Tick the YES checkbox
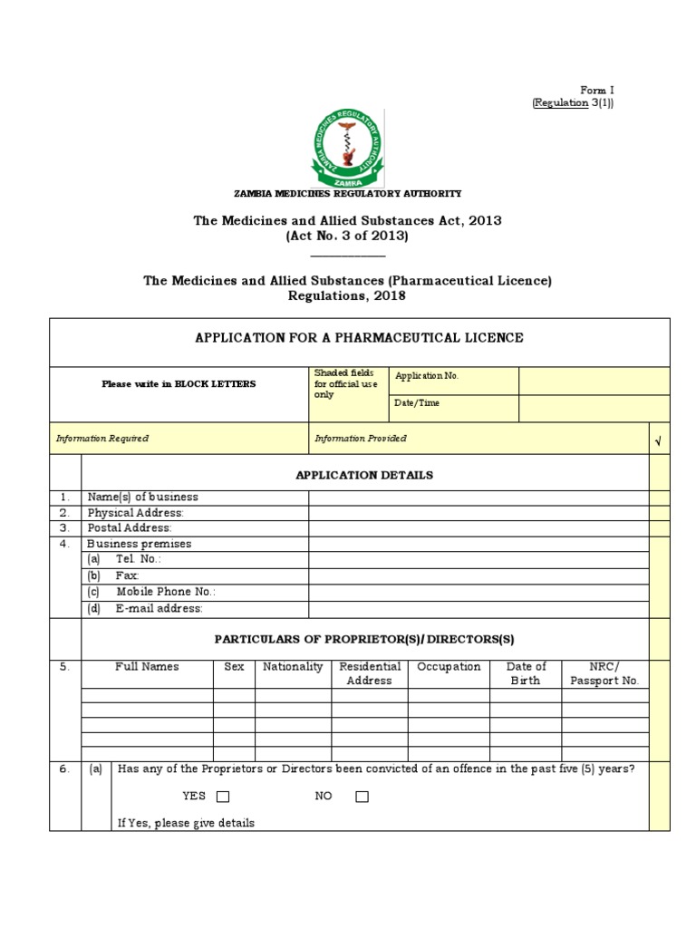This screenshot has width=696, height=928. pyautogui.click(x=224, y=797)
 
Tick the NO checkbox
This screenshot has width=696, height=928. pyautogui.click(x=362, y=797)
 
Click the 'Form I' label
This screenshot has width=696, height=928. pyautogui.click(x=597, y=91)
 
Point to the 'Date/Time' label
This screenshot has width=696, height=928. pyautogui.click(x=417, y=403)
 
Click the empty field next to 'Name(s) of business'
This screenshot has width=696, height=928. pyautogui.click(x=478, y=498)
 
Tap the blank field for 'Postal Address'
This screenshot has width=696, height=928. pyautogui.click(x=478, y=528)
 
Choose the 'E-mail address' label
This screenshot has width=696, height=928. pyautogui.click(x=159, y=609)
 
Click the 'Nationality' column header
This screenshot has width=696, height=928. pyautogui.click(x=293, y=667)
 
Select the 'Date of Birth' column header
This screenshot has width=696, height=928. pyautogui.click(x=527, y=673)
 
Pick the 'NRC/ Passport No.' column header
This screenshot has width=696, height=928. pyautogui.click(x=604, y=673)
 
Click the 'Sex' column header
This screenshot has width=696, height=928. pyautogui.click(x=234, y=667)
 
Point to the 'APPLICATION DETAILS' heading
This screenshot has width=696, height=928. pyautogui.click(x=364, y=475)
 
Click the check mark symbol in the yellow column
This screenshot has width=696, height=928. pyautogui.click(x=659, y=440)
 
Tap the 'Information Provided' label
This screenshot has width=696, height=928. pyautogui.click(x=361, y=439)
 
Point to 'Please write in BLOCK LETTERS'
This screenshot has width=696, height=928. pyautogui.click(x=179, y=384)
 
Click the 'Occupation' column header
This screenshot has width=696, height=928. pyautogui.click(x=449, y=667)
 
